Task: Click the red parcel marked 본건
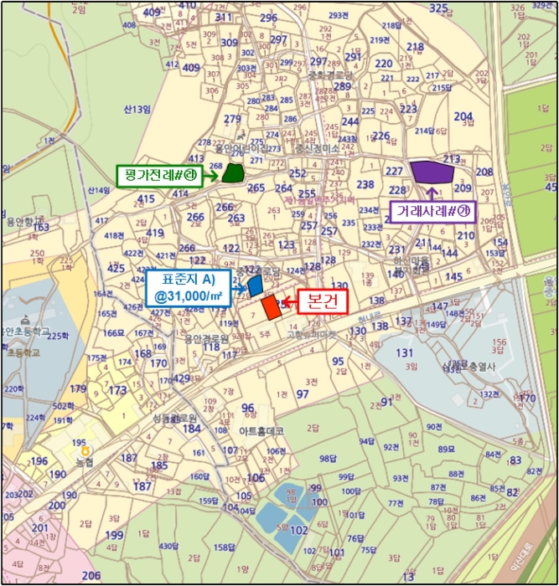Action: (270, 307)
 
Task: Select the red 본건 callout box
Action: (317, 302)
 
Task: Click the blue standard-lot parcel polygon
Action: (256, 285)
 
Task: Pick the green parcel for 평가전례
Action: (232, 174)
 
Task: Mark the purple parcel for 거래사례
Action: (432, 172)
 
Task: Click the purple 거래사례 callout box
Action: (433, 211)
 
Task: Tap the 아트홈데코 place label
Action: (261, 431)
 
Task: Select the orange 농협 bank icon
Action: (84, 450)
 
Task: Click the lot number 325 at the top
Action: (438, 8)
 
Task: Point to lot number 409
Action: (152, 13)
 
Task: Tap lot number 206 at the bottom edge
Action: (91, 576)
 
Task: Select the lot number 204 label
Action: (463, 116)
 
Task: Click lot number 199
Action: (115, 536)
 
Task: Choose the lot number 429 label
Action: (181, 379)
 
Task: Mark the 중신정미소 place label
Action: (317, 148)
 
